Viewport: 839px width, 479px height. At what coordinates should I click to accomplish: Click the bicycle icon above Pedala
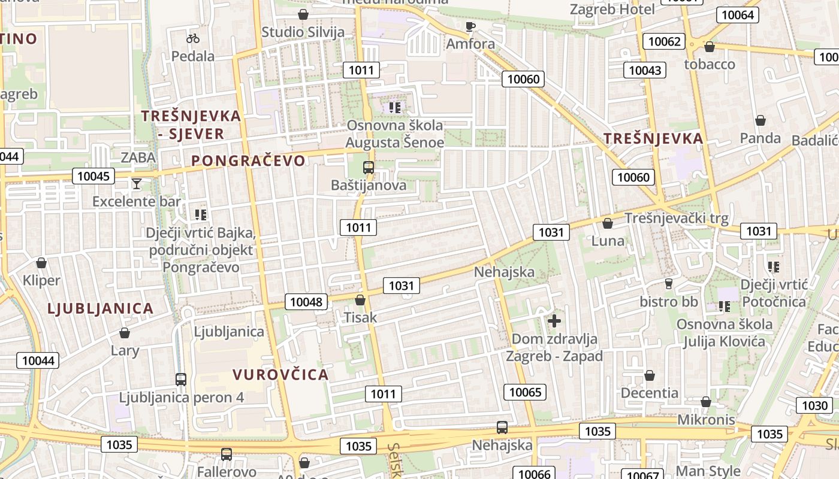click(x=192, y=38)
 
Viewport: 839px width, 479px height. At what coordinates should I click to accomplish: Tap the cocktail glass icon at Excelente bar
click(x=137, y=183)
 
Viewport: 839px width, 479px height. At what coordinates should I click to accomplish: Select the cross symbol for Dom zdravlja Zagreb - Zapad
click(x=554, y=321)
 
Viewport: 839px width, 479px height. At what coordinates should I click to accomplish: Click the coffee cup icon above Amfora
click(x=470, y=26)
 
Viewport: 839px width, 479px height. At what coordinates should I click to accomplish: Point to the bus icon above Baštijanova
click(x=369, y=168)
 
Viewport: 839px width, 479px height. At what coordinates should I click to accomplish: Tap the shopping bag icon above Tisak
click(x=360, y=300)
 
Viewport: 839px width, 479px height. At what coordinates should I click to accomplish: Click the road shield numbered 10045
click(x=93, y=176)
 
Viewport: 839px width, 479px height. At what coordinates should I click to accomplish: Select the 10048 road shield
click(x=306, y=302)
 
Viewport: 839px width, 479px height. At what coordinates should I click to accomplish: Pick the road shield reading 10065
click(x=525, y=392)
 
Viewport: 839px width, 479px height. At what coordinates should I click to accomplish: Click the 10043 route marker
click(x=645, y=70)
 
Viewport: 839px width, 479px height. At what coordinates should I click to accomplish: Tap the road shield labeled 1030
click(x=814, y=405)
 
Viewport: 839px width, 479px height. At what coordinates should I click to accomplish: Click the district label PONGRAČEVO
click(x=248, y=160)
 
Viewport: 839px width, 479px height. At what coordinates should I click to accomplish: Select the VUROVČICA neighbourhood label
click(x=280, y=375)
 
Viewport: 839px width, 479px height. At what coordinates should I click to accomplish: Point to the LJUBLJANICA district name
click(x=101, y=308)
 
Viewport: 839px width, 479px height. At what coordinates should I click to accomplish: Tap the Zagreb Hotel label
click(x=612, y=10)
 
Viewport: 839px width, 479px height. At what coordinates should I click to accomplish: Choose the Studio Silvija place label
click(x=303, y=32)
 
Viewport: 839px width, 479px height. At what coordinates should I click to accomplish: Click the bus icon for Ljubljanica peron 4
click(x=181, y=379)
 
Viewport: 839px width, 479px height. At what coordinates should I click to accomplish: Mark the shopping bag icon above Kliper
click(x=41, y=263)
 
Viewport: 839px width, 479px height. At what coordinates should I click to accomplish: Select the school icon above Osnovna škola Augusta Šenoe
click(x=394, y=108)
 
